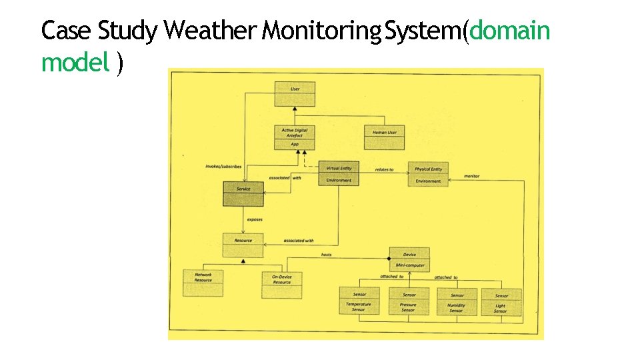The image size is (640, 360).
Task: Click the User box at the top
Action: tap(295, 93)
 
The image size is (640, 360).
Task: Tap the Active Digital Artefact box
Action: tap(295, 138)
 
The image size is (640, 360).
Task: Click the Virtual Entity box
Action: tap(339, 173)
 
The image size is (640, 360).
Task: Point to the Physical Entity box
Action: tap(428, 175)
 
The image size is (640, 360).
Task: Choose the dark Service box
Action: tap(243, 193)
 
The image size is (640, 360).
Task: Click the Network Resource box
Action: tap(203, 283)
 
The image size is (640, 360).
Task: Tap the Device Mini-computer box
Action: tap(409, 259)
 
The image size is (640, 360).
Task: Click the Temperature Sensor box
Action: tap(359, 301)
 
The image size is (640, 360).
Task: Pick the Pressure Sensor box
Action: tap(409, 301)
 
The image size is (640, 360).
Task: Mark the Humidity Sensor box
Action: tap(457, 301)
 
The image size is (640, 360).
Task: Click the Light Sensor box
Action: tap(501, 302)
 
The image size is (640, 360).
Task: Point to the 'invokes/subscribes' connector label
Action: tap(224, 166)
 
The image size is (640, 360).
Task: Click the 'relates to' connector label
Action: tap(384, 169)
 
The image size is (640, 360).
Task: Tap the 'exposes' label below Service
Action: tap(254, 219)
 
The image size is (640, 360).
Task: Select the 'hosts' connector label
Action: tap(326, 255)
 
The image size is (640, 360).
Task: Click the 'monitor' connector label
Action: tap(471, 176)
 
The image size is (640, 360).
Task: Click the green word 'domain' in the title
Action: tap(510, 30)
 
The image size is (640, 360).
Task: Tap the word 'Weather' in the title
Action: tap(210, 30)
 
